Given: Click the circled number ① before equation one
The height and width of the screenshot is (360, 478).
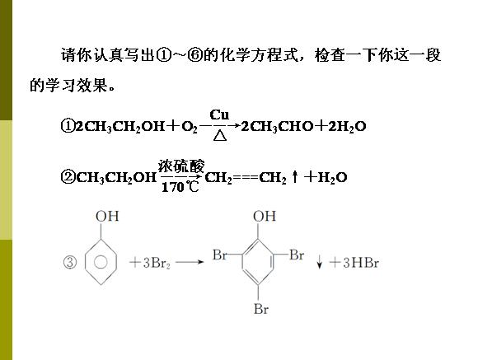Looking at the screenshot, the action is coord(68,126).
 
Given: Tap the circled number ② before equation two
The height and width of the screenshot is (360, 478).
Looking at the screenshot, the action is coord(68,177).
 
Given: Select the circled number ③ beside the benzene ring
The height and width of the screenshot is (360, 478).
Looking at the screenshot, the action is coord(70,263).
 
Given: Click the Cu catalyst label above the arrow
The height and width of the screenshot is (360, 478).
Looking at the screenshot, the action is coord(219,115).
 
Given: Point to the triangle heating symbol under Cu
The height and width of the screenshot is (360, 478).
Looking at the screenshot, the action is coord(220,135).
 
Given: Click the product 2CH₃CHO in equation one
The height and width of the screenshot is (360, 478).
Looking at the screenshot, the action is coord(277,127).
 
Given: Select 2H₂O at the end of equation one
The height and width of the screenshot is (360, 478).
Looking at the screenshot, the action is coord(347,127).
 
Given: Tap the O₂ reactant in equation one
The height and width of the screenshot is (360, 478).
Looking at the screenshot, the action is coord(190,127).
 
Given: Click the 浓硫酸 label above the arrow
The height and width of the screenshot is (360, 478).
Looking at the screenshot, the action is coord(181,166).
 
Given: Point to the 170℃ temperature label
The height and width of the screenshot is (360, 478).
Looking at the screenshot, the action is coord(180,186).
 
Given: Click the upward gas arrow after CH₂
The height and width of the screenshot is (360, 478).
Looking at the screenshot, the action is coord(294,177).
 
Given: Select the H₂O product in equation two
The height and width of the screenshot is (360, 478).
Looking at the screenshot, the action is coord(332,177).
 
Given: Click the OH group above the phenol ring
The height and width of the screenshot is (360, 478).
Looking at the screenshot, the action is coord(107,217).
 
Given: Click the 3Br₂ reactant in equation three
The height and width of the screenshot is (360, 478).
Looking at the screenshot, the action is coord(156,263).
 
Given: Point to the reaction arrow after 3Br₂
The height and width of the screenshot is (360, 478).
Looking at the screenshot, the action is coord(190,261).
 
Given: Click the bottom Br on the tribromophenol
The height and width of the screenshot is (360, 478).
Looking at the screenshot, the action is coord(261,309).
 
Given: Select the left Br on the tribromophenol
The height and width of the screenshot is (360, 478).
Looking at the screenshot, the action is coord(220,255).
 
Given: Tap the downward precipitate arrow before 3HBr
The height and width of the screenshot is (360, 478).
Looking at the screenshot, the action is coord(319,262).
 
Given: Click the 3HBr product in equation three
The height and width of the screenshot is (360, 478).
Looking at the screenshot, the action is coord(361,263).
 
